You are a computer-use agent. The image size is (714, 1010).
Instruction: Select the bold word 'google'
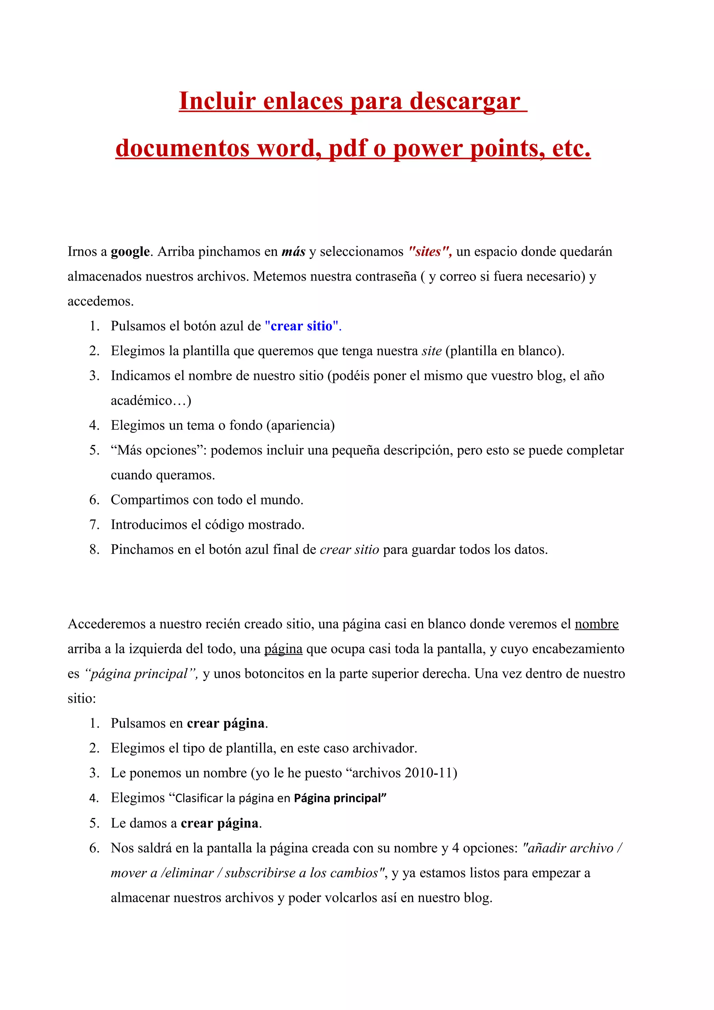click(x=130, y=252)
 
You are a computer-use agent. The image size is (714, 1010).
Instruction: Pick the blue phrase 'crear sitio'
click(x=301, y=326)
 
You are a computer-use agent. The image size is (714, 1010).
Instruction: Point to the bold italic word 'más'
click(x=294, y=252)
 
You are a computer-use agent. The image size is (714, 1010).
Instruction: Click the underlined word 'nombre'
click(x=596, y=624)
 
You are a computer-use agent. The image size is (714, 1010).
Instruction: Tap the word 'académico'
click(x=141, y=401)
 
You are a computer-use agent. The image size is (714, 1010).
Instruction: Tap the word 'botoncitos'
click(x=250, y=674)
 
